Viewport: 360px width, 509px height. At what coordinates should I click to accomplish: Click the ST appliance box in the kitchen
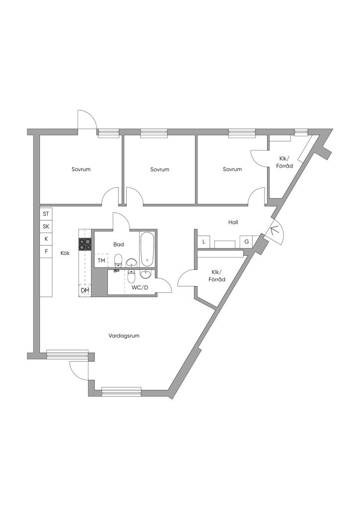point(46,214)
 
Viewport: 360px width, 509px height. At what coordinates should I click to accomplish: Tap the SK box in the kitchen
point(46,226)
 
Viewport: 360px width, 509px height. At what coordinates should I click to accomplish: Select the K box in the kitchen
point(46,239)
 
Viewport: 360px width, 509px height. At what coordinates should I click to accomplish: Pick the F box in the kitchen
point(46,251)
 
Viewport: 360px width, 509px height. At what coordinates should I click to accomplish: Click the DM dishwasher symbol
point(85,290)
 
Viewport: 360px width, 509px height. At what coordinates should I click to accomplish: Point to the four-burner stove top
point(85,244)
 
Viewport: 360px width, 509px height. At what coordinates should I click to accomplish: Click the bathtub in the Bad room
point(147,249)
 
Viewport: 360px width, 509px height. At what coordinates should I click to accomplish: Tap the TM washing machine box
point(101,260)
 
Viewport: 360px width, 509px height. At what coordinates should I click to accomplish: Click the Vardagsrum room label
point(124,336)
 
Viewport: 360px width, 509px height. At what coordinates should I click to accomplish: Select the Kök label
point(65,253)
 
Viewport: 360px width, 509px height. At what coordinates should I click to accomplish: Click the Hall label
point(233,222)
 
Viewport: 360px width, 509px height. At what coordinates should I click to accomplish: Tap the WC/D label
point(140,287)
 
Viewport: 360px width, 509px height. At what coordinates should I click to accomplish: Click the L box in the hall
point(204,242)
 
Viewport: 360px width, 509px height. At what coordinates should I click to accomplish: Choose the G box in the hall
point(247,242)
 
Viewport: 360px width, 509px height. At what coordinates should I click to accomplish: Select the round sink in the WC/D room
point(145,274)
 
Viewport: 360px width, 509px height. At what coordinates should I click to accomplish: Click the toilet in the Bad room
point(118,261)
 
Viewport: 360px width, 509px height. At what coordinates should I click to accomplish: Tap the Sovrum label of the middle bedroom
point(160,170)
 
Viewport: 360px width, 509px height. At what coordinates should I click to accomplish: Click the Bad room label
point(118,245)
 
